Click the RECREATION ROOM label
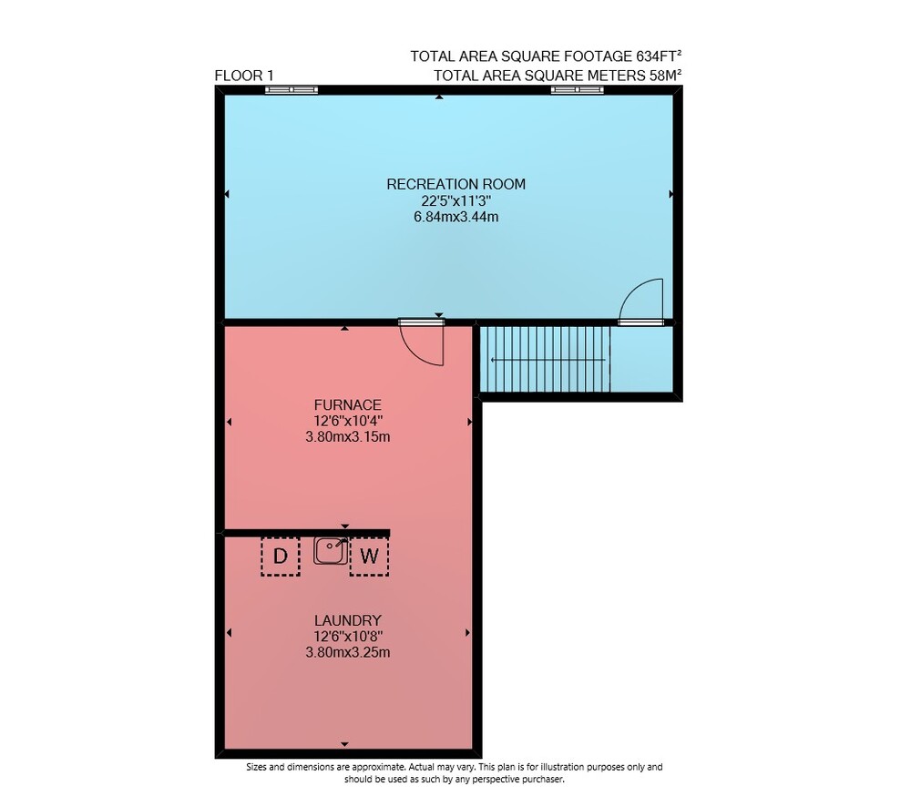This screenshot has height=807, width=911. [x=455, y=184]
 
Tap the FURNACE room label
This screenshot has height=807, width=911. [x=347, y=405]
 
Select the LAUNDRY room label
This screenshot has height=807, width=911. [x=347, y=620]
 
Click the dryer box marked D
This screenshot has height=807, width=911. [x=280, y=556]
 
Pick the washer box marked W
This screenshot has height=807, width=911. [x=369, y=556]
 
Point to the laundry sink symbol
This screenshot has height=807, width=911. [x=331, y=550]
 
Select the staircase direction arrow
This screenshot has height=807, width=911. [x=548, y=360]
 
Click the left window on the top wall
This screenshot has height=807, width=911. [x=292, y=89]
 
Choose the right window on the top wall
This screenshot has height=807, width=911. [x=577, y=89]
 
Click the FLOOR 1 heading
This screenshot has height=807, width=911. [x=244, y=76]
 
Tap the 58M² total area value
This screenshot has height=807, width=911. [x=665, y=75]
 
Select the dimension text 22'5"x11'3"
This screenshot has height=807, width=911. [x=456, y=201]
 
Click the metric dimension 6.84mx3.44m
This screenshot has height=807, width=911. [x=456, y=218]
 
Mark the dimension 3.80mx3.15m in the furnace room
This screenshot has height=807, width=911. [x=347, y=436]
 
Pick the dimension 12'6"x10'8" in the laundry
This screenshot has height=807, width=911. [x=347, y=637]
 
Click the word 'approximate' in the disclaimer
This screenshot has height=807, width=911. [x=377, y=768]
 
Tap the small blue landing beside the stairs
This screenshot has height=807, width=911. [x=640, y=359]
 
